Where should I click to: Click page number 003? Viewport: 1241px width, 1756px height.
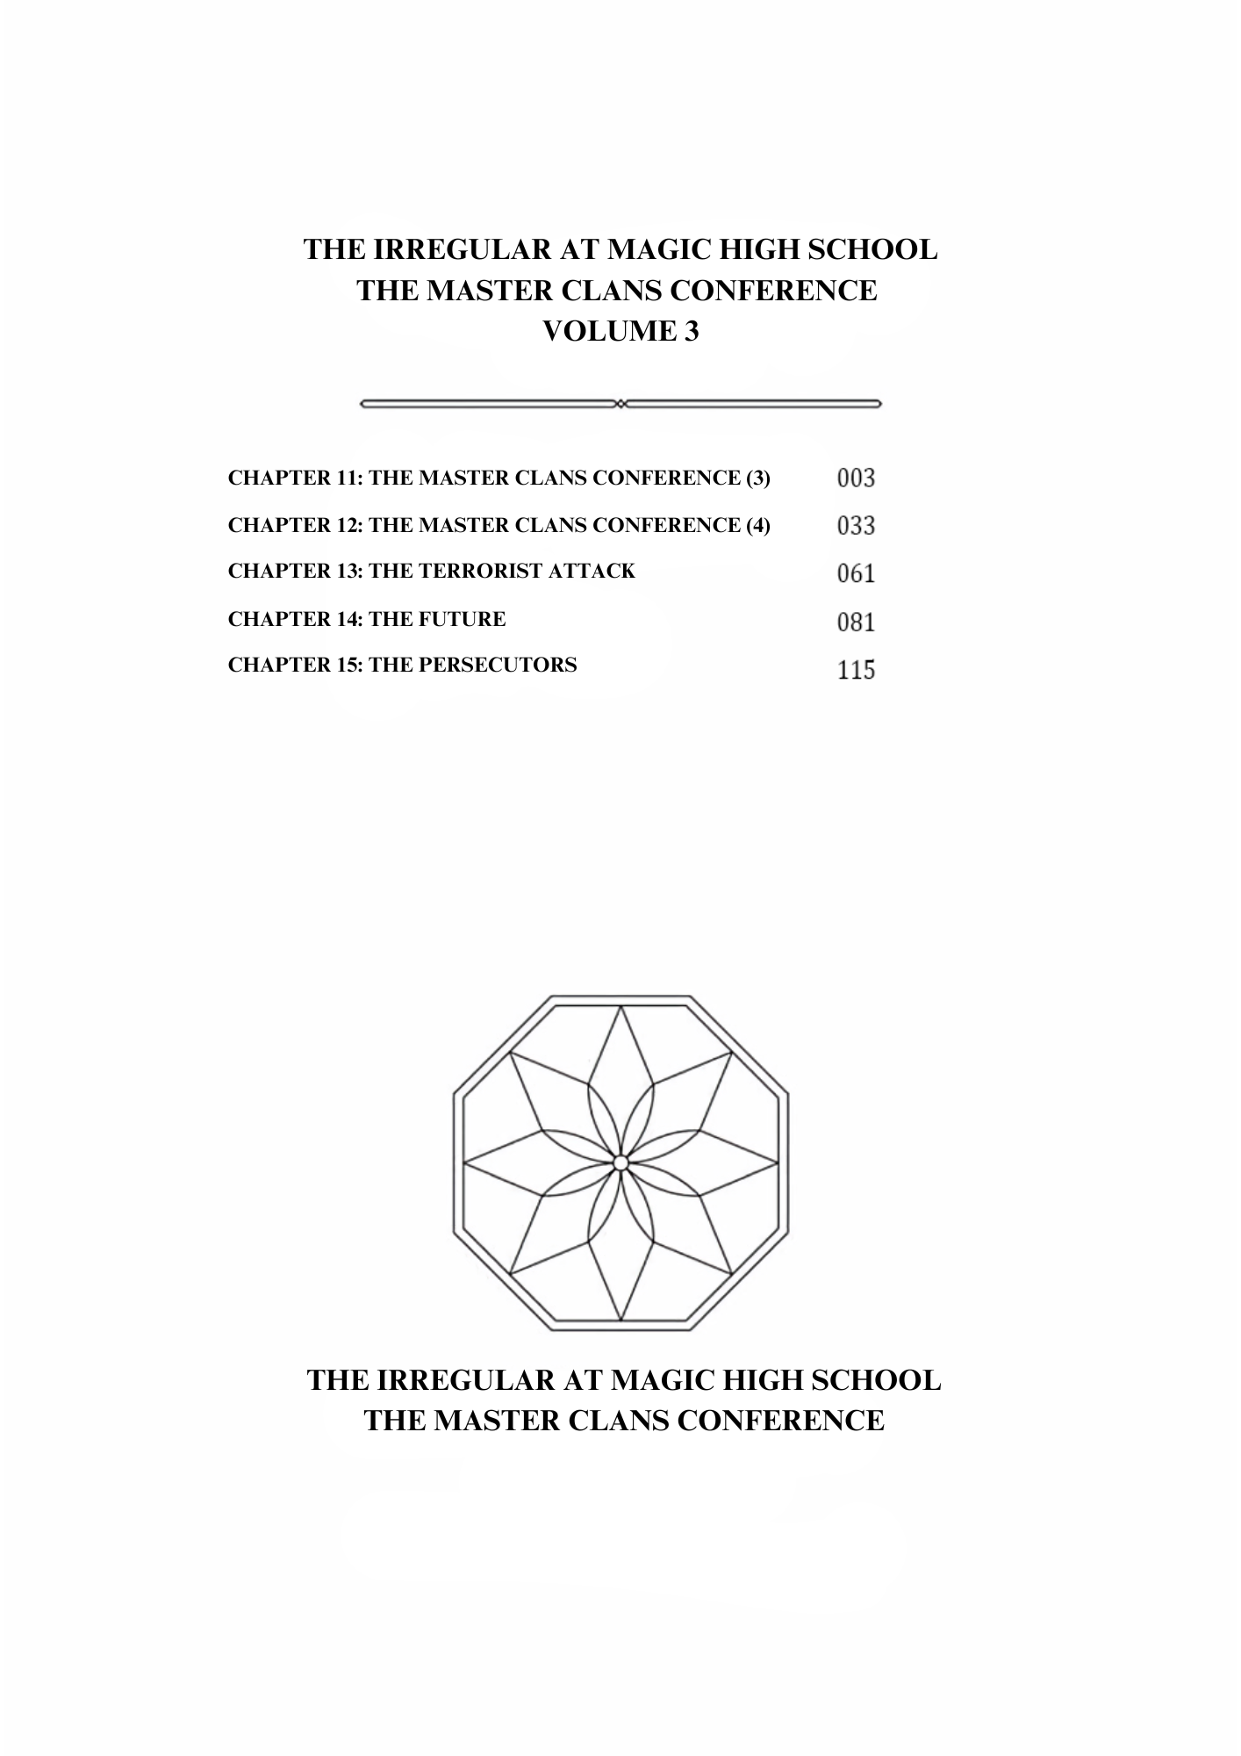856,478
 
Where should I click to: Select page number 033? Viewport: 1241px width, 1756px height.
856,526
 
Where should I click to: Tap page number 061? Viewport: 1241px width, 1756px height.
856,573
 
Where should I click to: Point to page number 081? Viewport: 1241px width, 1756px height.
856,623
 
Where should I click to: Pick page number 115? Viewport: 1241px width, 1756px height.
856,670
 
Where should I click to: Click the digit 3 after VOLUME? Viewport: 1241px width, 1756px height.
692,332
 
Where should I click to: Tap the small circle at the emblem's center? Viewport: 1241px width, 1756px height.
620,1163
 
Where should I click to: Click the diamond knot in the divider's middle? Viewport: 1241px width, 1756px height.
620,404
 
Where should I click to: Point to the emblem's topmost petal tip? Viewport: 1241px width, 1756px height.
620,1007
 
